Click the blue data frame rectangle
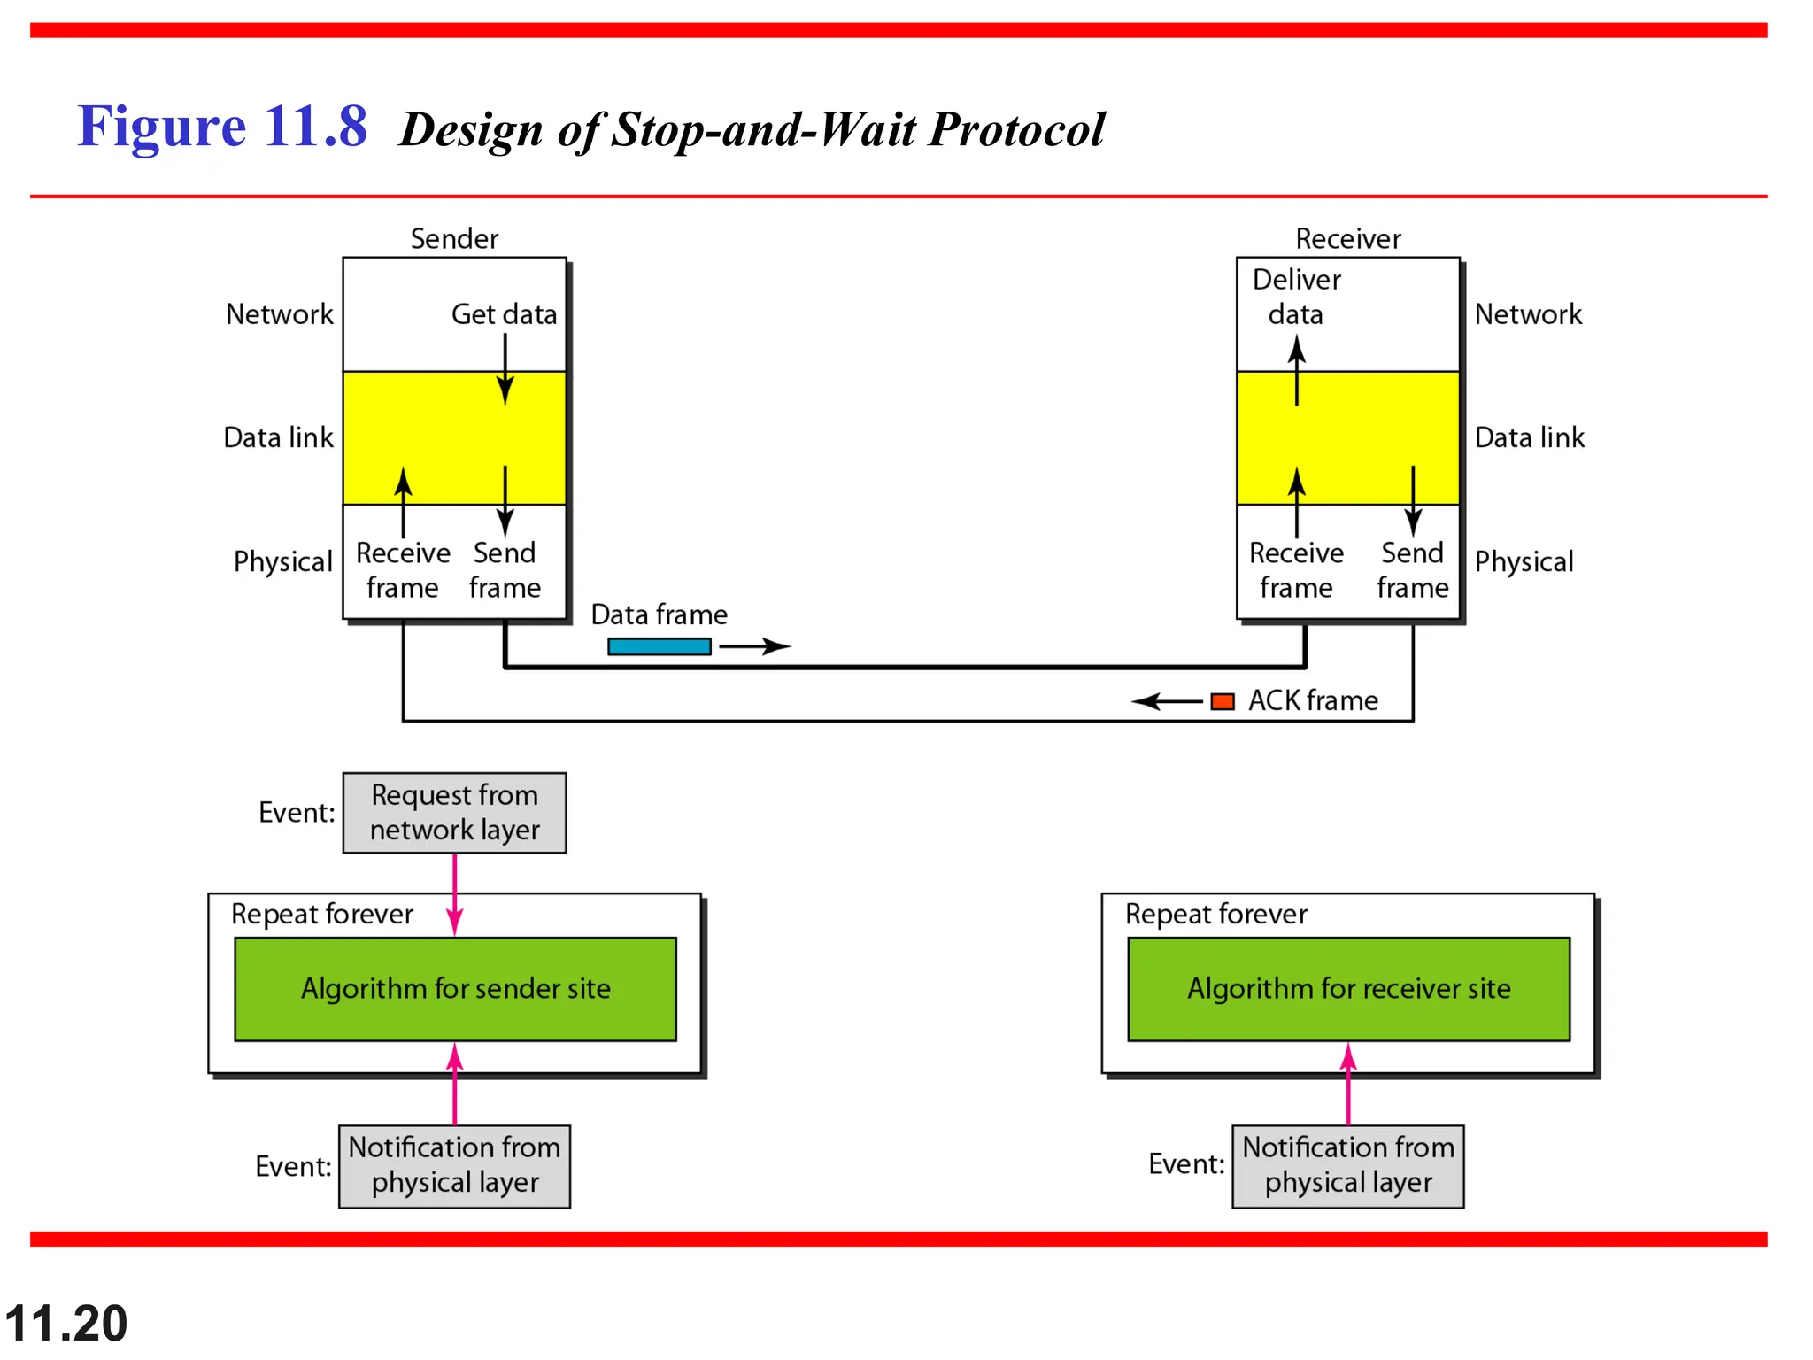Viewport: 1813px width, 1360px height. pos(659,646)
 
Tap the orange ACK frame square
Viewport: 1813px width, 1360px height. pos(1222,701)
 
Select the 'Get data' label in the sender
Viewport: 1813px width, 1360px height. pos(504,314)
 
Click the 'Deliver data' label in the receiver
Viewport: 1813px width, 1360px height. pos(1296,297)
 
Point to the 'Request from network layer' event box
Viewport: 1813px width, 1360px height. pos(454,813)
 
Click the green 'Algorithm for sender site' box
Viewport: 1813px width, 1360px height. pos(455,989)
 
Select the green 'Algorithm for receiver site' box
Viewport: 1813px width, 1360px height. pos(1348,989)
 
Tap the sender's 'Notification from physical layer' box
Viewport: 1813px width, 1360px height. pos(454,1166)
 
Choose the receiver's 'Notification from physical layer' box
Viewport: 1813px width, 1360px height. pos(1347,1166)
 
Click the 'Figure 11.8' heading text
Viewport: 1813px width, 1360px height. pos(222,127)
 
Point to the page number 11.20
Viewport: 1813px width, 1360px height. pos(66,1323)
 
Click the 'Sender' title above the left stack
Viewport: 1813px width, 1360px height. pos(454,239)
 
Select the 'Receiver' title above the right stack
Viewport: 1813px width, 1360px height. pos(1347,239)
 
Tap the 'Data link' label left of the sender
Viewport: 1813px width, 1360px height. pos(278,437)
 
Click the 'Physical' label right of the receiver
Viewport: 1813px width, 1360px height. pos(1524,561)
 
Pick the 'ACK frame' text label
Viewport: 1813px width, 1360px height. pos(1313,701)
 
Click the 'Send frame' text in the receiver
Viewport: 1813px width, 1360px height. pos(1412,570)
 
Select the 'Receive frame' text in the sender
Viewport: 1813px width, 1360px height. pos(403,570)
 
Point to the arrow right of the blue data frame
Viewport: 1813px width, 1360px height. pos(754,646)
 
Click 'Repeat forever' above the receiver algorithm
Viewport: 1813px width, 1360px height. pos(1215,914)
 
